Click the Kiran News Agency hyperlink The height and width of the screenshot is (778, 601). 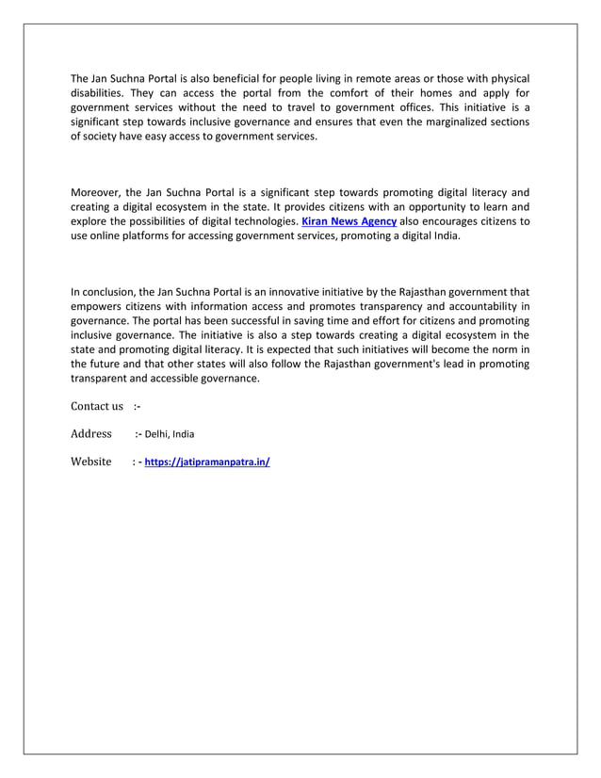[349, 222]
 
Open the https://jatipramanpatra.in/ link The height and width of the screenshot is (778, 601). [207, 462]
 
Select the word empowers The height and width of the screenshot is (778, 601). [97, 306]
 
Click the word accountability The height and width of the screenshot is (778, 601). [478, 306]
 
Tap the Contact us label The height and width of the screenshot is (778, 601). [97, 406]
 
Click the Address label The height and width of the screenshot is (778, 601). [91, 434]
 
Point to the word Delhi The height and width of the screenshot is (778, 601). [157, 435]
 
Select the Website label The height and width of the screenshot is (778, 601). [91, 462]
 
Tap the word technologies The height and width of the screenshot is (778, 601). [262, 222]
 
